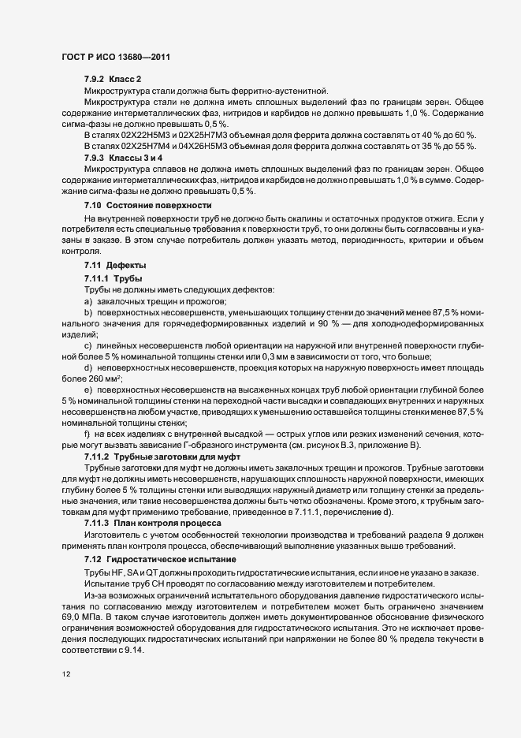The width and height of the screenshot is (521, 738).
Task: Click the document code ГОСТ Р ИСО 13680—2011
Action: (116, 57)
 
